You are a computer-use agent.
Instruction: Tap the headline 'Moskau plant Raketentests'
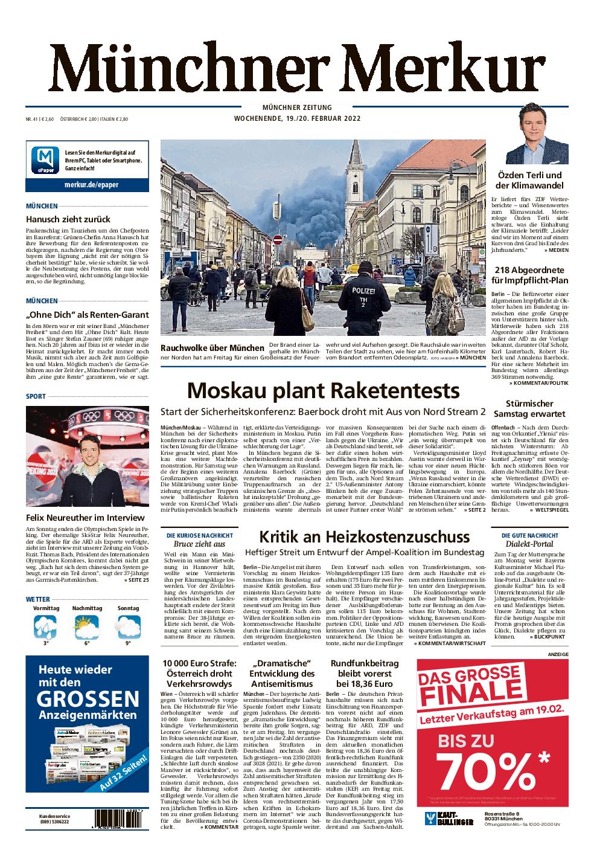pyautogui.click(x=323, y=391)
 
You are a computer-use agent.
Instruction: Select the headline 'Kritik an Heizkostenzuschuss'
pyautogui.click(x=364, y=536)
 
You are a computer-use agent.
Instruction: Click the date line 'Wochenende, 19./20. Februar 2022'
pyautogui.click(x=297, y=118)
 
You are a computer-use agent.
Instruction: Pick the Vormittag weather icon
pyautogui.click(x=46, y=626)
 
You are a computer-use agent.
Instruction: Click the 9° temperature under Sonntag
pyautogui.click(x=128, y=643)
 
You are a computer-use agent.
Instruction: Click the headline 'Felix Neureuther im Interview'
pyautogui.click(x=86, y=518)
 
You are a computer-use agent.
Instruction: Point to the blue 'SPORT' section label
pyautogui.click(x=36, y=396)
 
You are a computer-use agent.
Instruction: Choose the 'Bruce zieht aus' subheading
pyautogui.click(x=199, y=544)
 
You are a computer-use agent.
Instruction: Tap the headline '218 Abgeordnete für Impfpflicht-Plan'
pyautogui.click(x=529, y=275)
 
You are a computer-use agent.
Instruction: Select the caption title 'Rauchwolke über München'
pyautogui.click(x=212, y=347)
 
